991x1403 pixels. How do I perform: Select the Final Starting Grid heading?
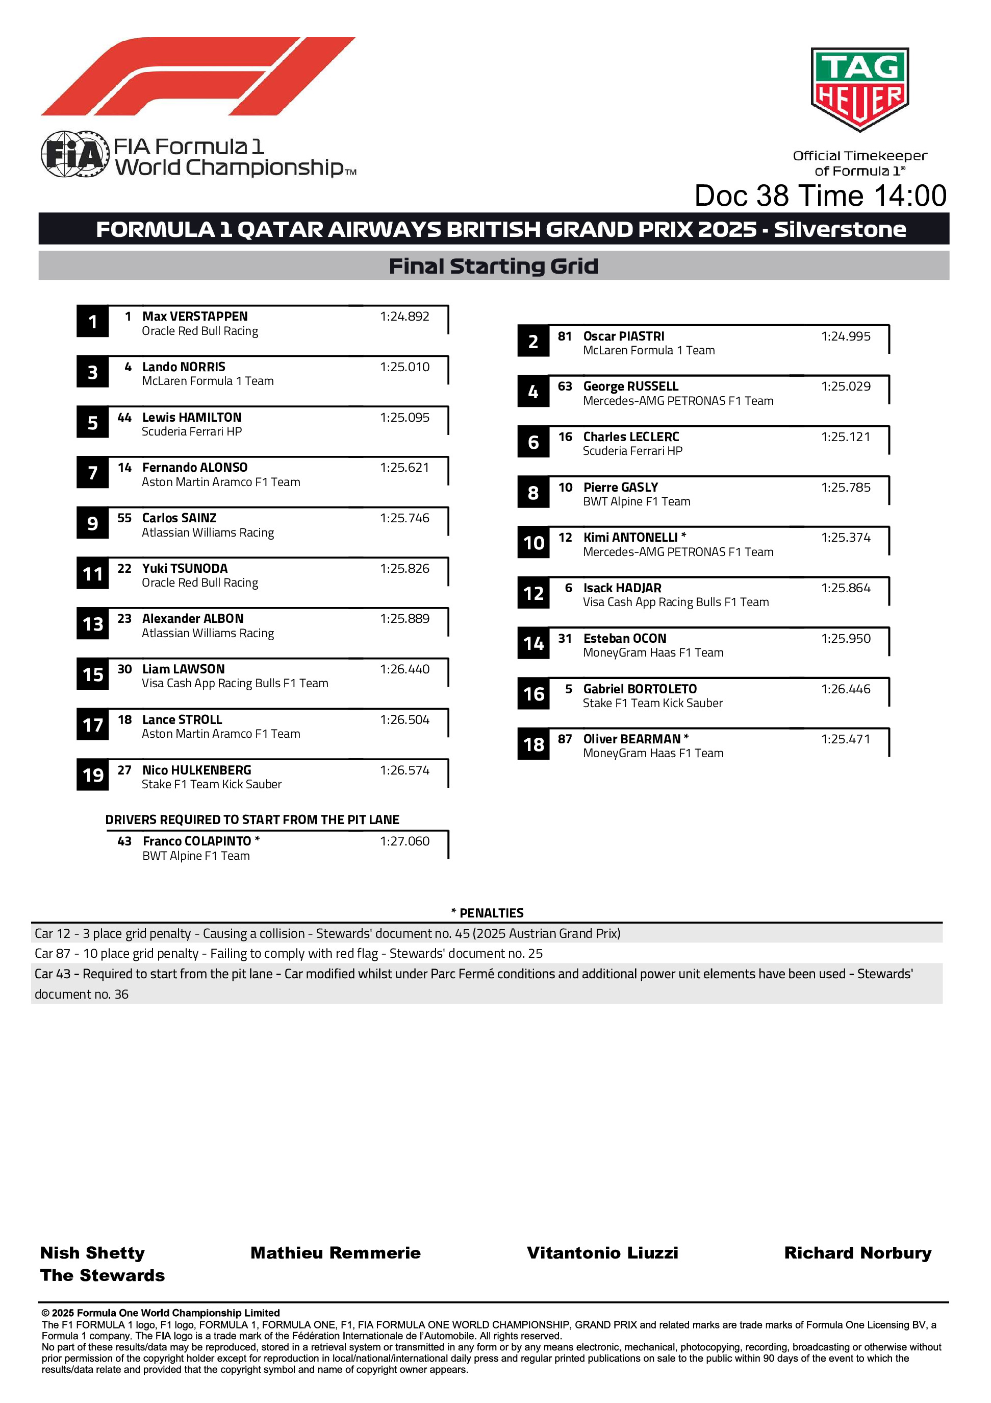493,266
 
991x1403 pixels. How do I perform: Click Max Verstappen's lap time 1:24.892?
404,317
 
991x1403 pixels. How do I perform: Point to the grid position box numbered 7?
92,472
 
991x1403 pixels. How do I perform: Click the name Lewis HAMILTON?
192,417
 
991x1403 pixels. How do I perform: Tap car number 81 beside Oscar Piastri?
565,336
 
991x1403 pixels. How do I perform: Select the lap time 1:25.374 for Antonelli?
845,538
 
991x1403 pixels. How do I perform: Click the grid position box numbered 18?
533,744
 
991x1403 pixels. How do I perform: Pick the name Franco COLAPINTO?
196,841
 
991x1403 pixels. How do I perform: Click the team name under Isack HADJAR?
675,602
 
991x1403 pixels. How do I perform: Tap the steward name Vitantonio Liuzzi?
602,1253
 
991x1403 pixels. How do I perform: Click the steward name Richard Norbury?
857,1253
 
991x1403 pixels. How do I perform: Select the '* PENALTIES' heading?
487,913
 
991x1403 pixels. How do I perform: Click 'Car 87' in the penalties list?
52,954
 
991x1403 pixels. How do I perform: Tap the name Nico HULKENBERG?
196,770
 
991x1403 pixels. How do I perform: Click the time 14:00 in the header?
910,196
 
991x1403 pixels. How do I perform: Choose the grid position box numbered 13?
92,624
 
